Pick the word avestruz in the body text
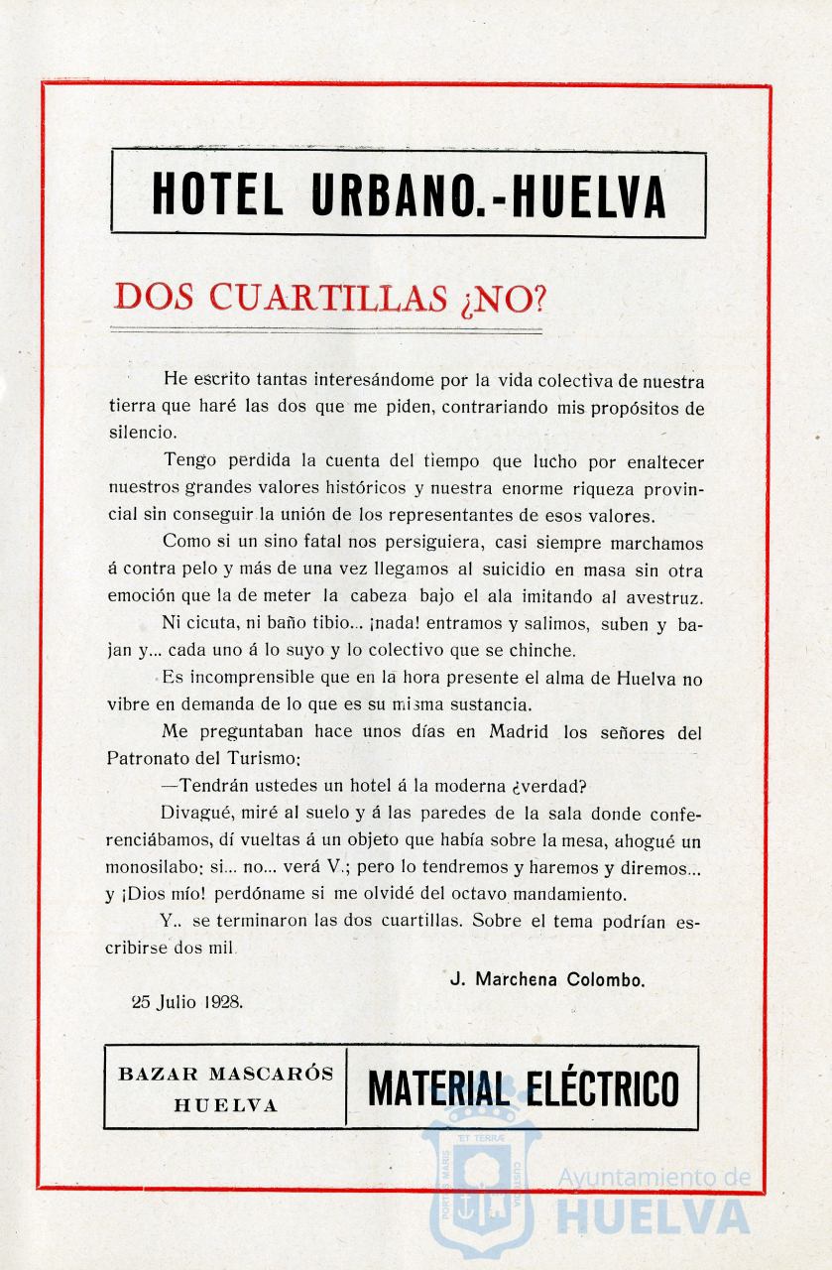point(665,597)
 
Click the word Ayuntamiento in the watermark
point(654,1178)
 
